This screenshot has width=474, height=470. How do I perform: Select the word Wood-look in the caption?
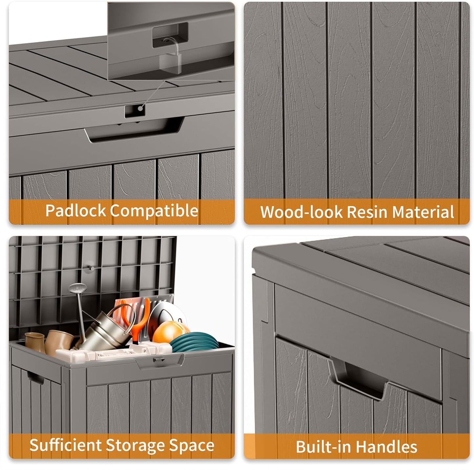(301, 212)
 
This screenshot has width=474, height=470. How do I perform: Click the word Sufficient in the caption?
(65, 445)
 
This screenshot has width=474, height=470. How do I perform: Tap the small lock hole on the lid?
(134, 110)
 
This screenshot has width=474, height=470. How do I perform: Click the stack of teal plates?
(194, 343)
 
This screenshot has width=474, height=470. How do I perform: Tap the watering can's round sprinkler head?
(75, 288)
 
